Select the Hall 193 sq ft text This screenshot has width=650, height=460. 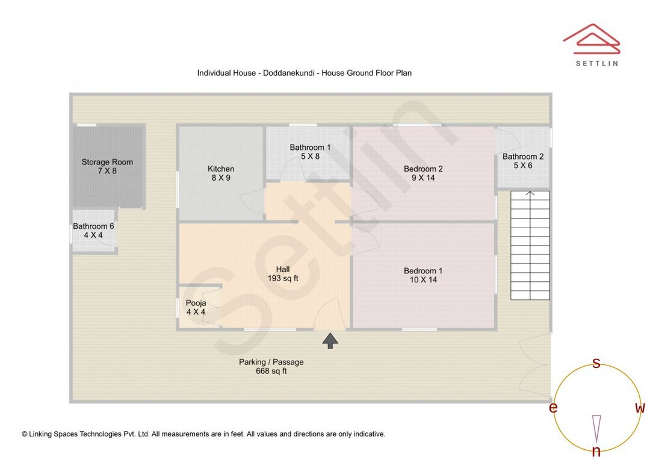(283, 274)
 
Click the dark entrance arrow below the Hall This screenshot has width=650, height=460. (330, 341)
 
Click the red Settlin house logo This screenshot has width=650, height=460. (591, 39)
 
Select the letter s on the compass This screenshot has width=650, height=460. (596, 363)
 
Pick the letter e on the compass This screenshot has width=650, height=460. (552, 408)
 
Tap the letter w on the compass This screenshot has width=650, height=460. (640, 408)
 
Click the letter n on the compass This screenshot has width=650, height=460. (596, 452)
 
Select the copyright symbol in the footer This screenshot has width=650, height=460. (25, 434)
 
